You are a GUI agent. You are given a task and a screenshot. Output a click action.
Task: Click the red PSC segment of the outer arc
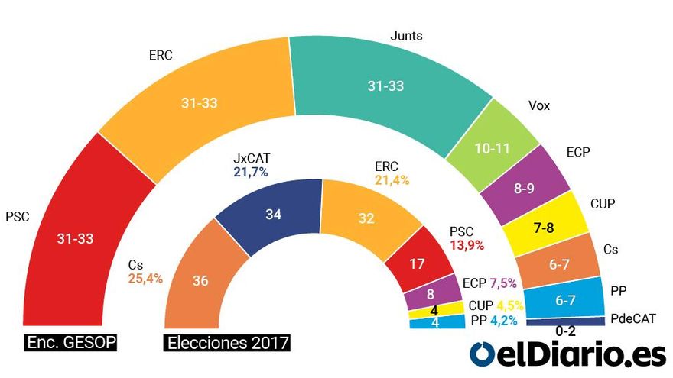click(x=74, y=239)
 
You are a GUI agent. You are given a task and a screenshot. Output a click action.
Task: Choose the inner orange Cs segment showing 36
click(x=200, y=281)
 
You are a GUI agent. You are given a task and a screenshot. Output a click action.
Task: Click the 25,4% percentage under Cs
click(x=145, y=279)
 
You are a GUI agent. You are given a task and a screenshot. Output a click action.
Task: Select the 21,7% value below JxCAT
click(x=250, y=173)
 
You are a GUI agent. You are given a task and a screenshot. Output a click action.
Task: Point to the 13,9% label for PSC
click(x=466, y=244)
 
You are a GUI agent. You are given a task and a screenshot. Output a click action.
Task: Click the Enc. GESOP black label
click(x=71, y=342)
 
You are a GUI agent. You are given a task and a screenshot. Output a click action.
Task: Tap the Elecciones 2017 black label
click(x=228, y=342)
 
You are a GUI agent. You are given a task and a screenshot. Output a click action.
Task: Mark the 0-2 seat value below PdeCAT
click(x=567, y=331)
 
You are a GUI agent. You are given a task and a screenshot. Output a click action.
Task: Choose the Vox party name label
click(x=538, y=106)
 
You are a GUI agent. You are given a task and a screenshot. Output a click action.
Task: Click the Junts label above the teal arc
click(x=406, y=35)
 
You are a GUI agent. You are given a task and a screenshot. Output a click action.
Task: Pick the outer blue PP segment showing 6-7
click(x=565, y=300)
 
